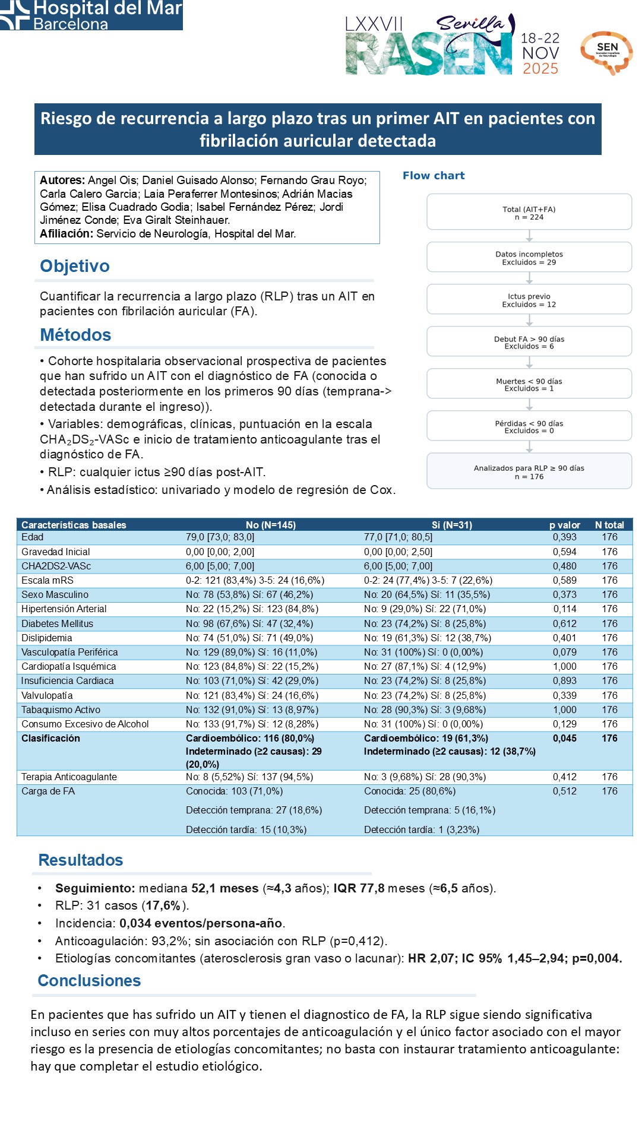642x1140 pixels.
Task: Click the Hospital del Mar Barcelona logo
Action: pos(91,15)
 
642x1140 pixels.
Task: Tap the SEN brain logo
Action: pos(606,52)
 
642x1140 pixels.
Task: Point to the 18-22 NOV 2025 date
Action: pos(540,53)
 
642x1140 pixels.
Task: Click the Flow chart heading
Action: pos(434,176)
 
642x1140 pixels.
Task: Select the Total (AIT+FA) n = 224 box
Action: pos(529,213)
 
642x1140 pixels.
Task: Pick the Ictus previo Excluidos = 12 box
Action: pos(529,300)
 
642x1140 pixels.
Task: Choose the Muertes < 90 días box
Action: pos(529,384)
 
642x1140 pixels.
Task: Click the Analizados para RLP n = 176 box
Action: pos(529,471)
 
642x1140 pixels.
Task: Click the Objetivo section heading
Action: pos(75,266)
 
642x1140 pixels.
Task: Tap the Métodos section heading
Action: pos(75,335)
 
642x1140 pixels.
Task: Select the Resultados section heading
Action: pos(81,860)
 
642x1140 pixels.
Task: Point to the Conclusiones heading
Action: pos(89,980)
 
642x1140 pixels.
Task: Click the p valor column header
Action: pos(564,525)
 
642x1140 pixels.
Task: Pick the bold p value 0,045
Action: pos(564,738)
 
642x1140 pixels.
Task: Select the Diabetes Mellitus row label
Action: pos(57,623)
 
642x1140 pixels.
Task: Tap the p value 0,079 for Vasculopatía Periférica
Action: pos(564,652)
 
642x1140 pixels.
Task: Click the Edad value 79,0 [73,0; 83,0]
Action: pos(220,537)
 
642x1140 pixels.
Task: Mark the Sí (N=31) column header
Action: pos(451,525)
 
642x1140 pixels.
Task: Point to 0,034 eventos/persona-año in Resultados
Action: pos(201,923)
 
